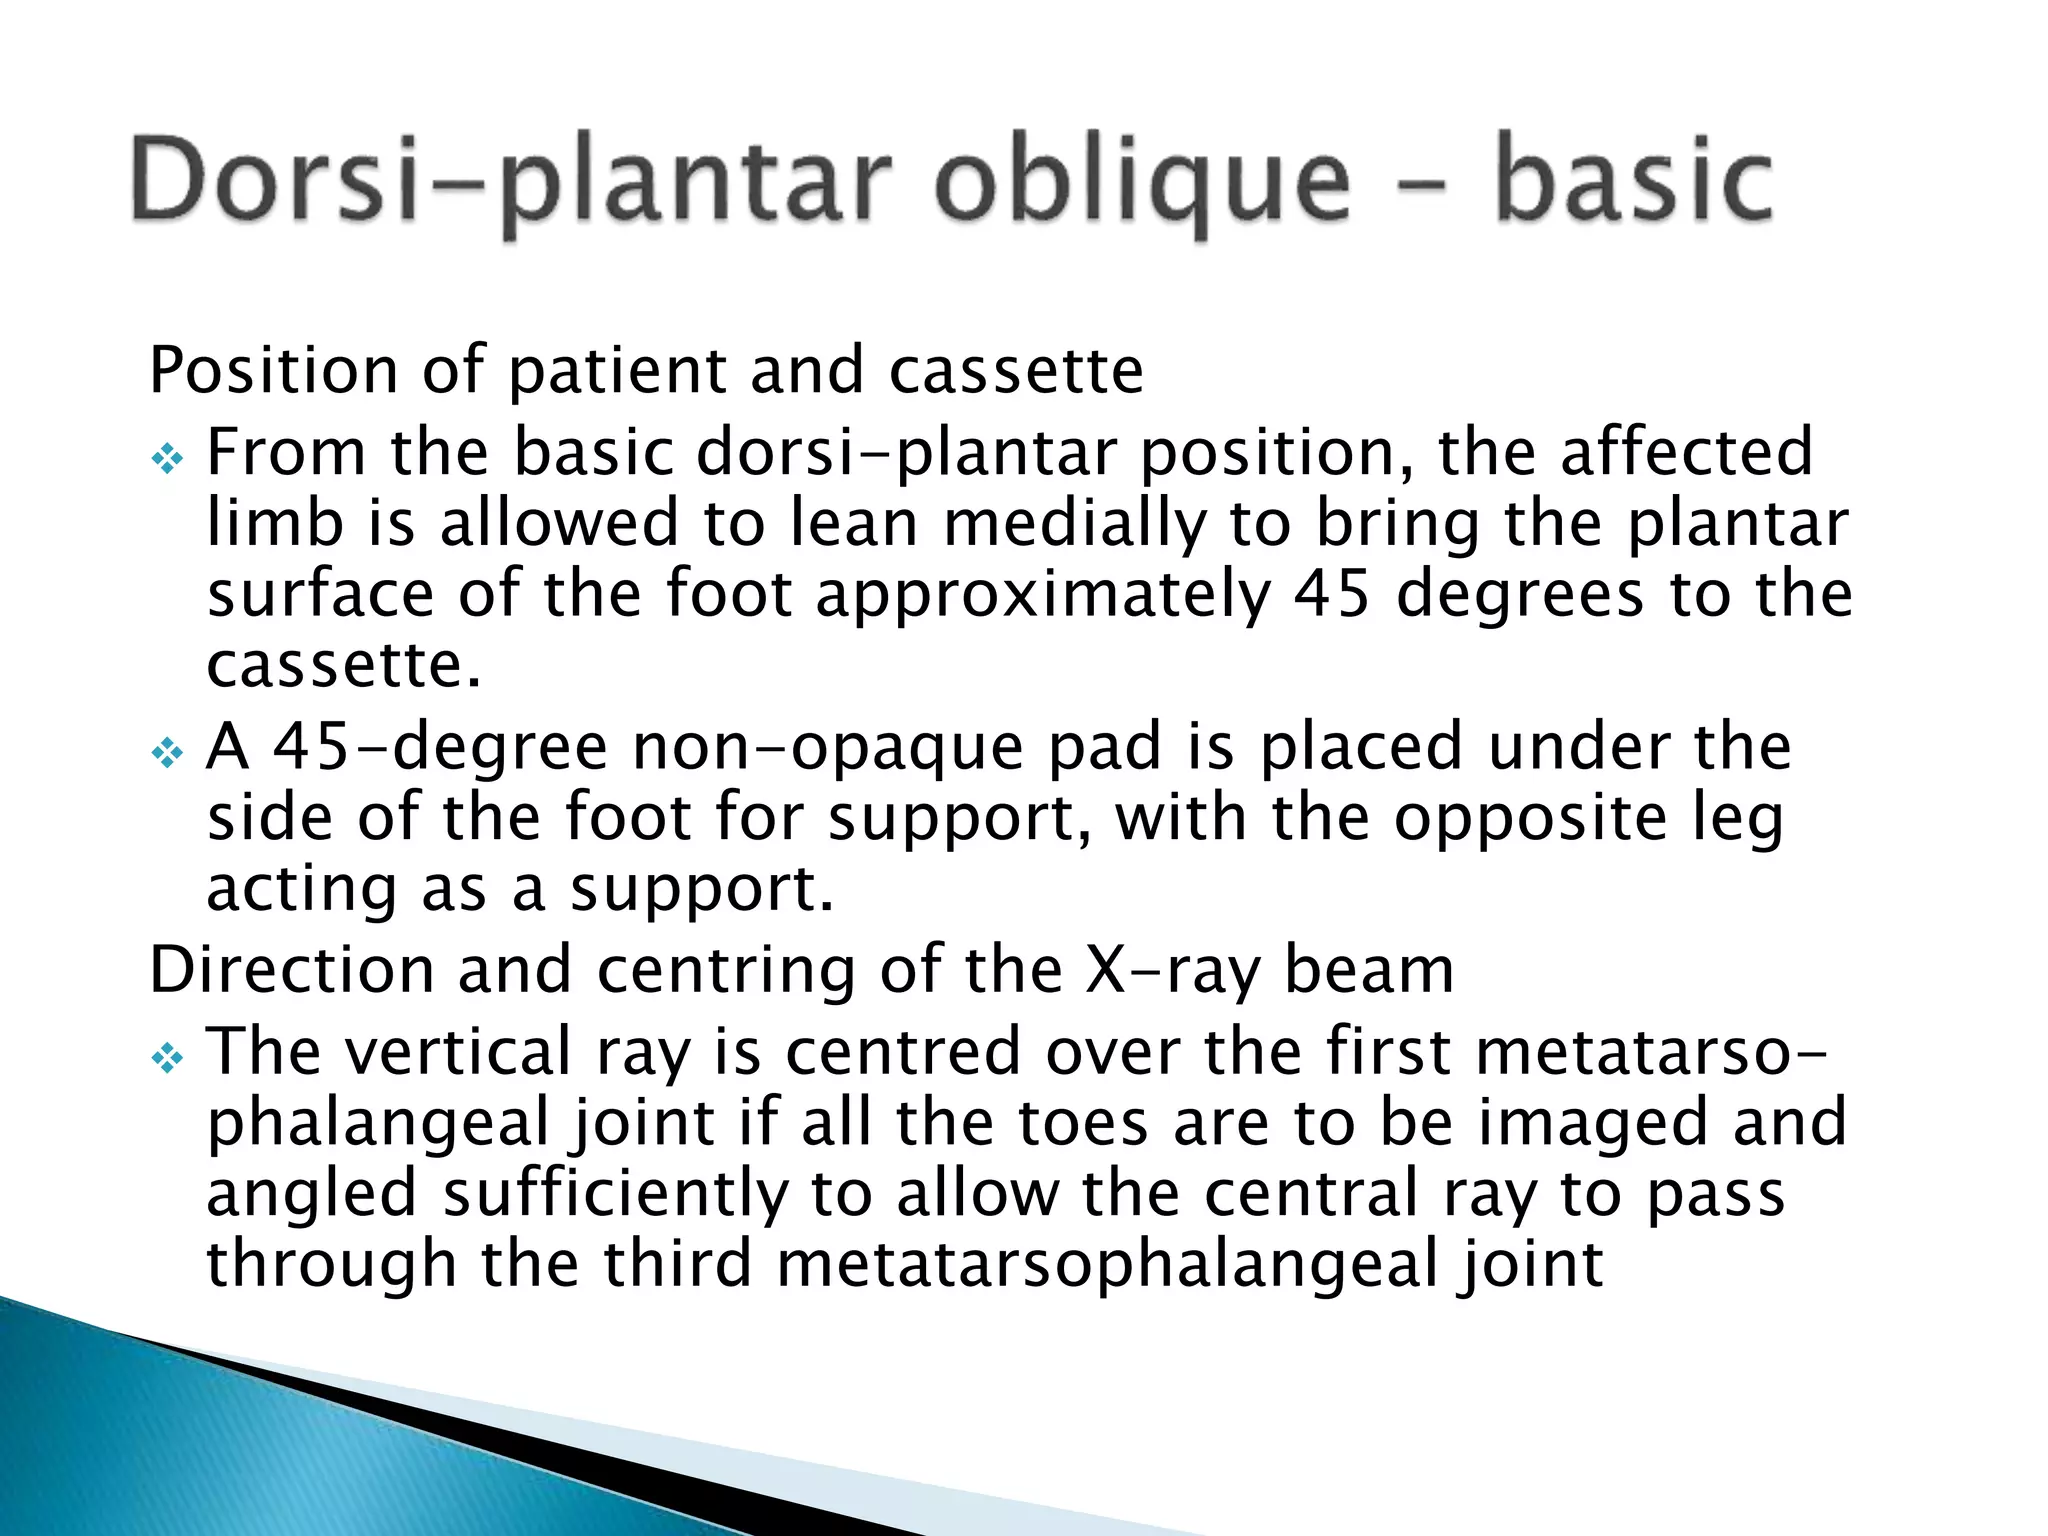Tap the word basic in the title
pyautogui.click(x=1634, y=185)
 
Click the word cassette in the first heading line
pyautogui.click(x=1016, y=372)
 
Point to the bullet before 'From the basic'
pyautogui.click(x=167, y=460)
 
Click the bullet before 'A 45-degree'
pyautogui.click(x=167, y=753)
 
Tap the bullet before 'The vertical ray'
pyautogui.click(x=167, y=1058)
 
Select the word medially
pyautogui.click(x=1075, y=524)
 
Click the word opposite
pyautogui.click(x=1531, y=818)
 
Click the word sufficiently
pyautogui.click(x=615, y=1194)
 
